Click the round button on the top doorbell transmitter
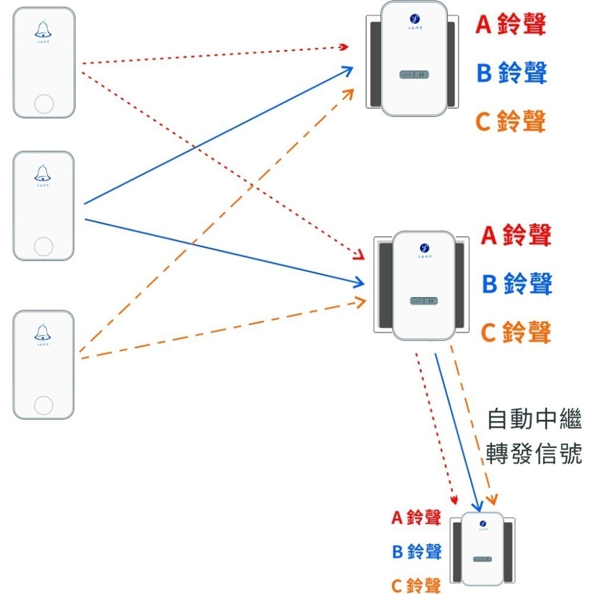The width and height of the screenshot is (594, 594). pos(44,103)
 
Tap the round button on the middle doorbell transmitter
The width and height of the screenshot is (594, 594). pos(43,245)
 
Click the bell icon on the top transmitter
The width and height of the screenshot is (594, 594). pos(43,29)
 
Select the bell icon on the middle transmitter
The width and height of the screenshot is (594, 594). pos(43,173)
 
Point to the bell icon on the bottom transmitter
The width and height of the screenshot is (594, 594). pos(43,331)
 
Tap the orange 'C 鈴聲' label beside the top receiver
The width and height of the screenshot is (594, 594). pos(510,121)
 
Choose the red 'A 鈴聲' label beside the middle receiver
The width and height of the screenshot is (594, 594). pos(516,235)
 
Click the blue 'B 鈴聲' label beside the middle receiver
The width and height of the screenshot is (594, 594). pos(516,283)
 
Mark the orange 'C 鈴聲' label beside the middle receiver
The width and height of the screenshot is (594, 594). pos(516,332)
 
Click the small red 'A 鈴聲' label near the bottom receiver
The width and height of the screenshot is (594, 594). pos(416,517)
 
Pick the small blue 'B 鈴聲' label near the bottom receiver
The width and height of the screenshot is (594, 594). pos(416,551)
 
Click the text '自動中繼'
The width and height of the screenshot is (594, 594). pos(533,419)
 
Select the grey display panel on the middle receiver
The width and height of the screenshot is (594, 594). pos(425,301)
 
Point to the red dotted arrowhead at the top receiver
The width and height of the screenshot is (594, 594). pos(343,46)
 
